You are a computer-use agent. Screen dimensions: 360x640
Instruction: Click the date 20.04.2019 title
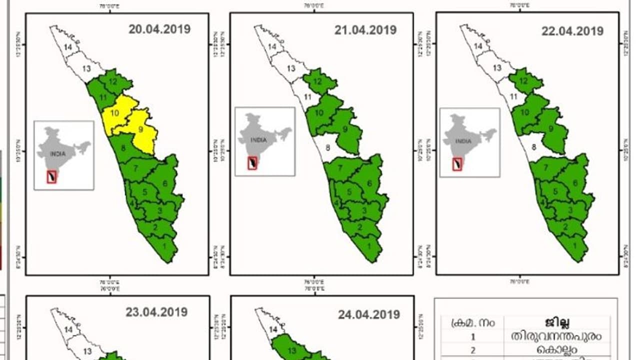pos(159,29)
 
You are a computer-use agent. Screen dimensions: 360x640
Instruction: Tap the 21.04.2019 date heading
pos(365,30)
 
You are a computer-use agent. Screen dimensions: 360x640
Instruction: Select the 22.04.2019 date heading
pos(572,31)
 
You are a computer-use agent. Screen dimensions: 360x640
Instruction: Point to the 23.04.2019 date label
pos(156,312)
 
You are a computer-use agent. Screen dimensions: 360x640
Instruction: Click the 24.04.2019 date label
pos(369,314)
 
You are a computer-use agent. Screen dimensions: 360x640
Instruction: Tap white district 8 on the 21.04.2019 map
pos(328,147)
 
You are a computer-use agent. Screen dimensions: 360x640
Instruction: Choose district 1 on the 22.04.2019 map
pos(574,245)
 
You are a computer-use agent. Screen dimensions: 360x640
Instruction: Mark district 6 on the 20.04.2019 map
pos(165,183)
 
